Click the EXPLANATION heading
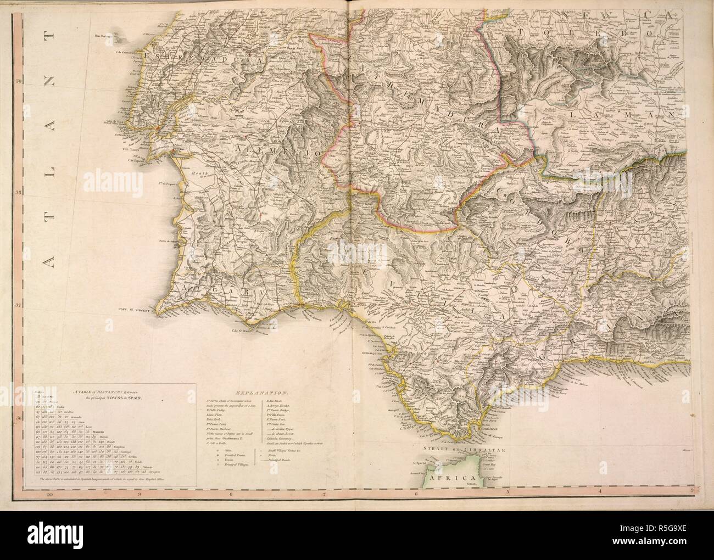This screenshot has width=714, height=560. [x=261, y=393]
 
